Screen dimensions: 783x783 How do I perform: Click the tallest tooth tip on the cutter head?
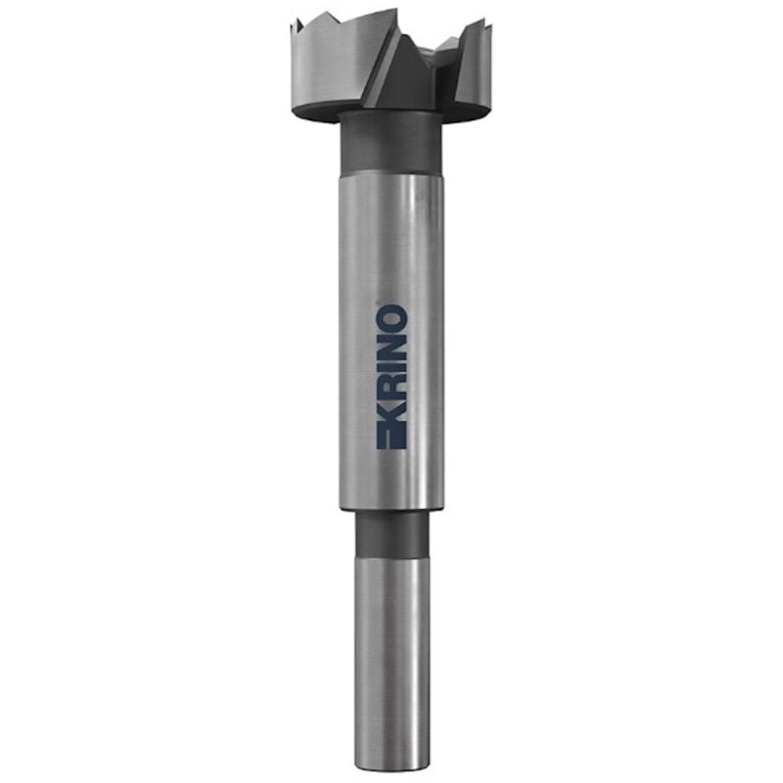[397, 9]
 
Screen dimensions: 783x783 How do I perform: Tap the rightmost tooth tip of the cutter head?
[484, 21]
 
